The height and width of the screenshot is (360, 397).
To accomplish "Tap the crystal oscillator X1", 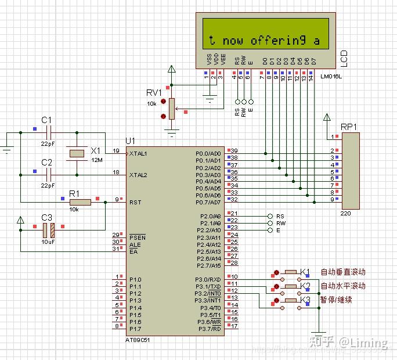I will tap(77, 153).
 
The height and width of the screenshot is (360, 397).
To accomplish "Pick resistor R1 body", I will tap(80, 202).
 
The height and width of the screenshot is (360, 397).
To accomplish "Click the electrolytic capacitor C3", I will tap(48, 230).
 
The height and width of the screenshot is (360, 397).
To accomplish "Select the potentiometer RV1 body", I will tap(171, 108).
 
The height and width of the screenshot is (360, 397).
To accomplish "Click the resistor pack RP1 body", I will tap(351, 171).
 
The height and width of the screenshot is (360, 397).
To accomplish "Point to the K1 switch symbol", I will tap(290, 272).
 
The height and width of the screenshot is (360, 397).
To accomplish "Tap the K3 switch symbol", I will tap(290, 300).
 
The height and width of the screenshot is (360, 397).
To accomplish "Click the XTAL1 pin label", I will tap(138, 153).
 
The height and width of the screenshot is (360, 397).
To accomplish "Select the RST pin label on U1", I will tap(134, 202).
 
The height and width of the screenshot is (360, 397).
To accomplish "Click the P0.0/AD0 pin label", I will tap(208, 154).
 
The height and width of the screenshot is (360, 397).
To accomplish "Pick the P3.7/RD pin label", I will tap(208, 329).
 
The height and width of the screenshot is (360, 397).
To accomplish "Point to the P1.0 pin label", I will tap(135, 280).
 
